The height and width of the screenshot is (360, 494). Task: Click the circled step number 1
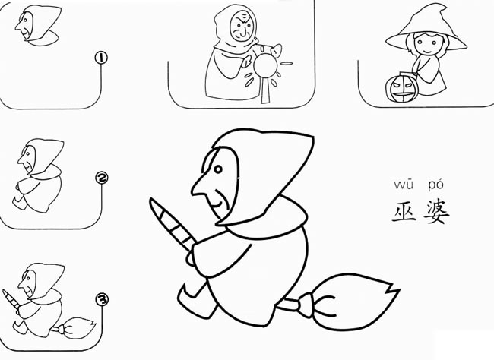point(100,56)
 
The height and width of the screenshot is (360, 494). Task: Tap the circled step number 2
point(101,178)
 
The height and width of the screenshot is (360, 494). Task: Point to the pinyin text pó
point(435,185)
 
